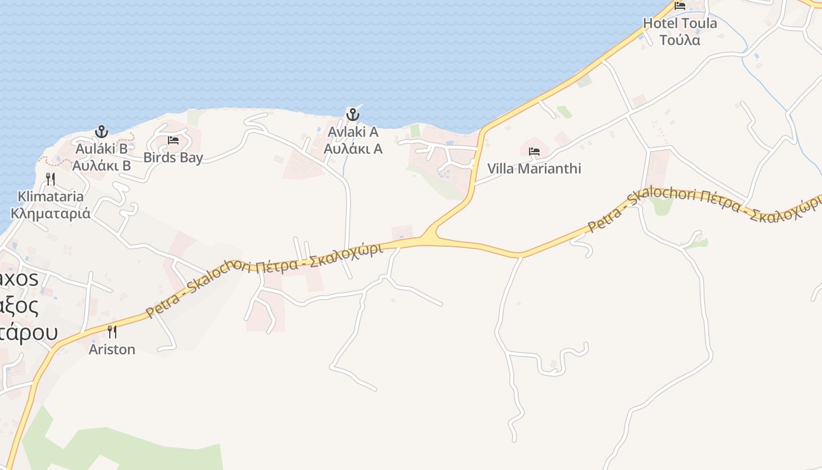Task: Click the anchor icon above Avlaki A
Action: (353, 114)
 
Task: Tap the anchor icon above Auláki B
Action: (102, 131)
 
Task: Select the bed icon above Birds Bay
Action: (173, 140)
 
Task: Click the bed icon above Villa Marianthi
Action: (534, 152)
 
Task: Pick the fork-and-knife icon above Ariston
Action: (112, 332)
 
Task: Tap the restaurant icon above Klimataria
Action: (51, 179)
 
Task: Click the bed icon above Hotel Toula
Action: (680, 6)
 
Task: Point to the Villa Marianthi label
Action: (534, 169)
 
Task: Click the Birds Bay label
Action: (173, 157)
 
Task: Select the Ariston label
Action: (112, 350)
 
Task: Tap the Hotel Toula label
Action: (680, 23)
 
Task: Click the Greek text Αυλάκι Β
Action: (102, 166)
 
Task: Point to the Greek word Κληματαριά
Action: (51, 213)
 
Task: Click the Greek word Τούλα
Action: (680, 41)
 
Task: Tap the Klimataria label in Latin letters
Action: (51, 196)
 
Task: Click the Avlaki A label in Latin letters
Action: (353, 132)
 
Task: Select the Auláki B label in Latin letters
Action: (102, 149)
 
